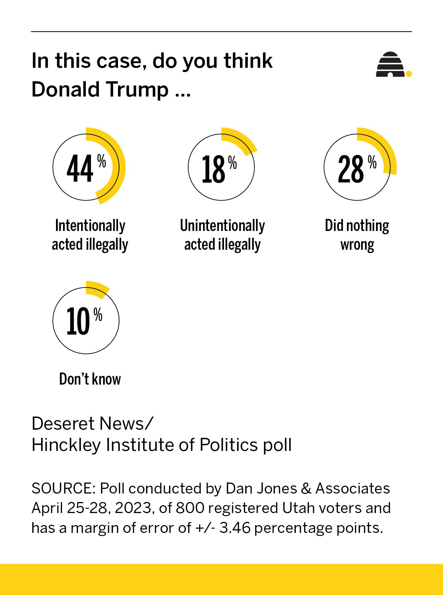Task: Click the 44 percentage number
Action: (80, 169)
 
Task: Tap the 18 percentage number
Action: (213, 170)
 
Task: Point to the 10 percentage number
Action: (78, 321)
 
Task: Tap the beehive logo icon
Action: (390, 65)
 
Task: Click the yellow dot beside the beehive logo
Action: (409, 74)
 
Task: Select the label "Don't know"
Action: (90, 379)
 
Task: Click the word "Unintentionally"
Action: (222, 226)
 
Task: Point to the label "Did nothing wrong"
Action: (357, 235)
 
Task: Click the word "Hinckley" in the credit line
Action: (66, 445)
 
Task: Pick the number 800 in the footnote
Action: (190, 508)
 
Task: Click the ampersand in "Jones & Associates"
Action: (305, 489)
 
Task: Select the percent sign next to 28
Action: (372, 162)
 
